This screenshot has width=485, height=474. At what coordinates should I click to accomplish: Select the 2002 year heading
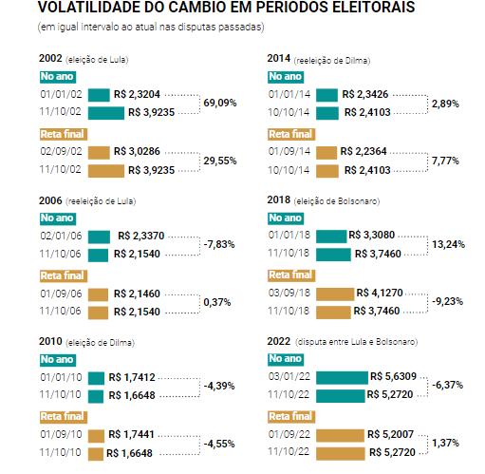click(x=50, y=58)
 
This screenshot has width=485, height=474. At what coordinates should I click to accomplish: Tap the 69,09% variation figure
click(x=220, y=103)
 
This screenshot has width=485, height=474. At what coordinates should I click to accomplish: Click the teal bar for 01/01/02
click(x=99, y=95)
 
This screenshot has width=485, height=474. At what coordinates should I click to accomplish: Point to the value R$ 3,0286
click(x=137, y=151)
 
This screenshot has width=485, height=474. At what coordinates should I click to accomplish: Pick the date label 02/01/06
click(x=61, y=236)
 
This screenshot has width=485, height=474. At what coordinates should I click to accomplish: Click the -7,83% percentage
click(x=219, y=244)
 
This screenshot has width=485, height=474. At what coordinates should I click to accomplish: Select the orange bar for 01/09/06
click(x=98, y=294)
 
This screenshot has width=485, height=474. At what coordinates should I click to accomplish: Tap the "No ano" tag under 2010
click(x=58, y=360)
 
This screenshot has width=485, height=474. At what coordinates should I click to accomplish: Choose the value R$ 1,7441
click(x=131, y=434)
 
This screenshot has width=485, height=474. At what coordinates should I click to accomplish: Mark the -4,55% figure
click(x=219, y=444)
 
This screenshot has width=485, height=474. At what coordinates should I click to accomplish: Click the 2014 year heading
click(x=279, y=58)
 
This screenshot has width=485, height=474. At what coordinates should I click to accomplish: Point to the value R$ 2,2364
click(x=364, y=151)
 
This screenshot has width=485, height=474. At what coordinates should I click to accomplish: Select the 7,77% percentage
click(x=445, y=161)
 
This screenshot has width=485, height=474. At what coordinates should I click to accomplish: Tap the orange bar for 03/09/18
click(x=335, y=294)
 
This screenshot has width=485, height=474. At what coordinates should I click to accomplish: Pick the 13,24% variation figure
click(x=448, y=244)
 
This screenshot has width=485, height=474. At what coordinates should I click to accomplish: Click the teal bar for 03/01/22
click(x=342, y=378)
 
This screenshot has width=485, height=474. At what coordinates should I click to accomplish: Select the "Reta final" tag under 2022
click(x=291, y=417)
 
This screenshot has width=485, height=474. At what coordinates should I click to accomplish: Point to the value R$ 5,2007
click(x=390, y=434)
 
